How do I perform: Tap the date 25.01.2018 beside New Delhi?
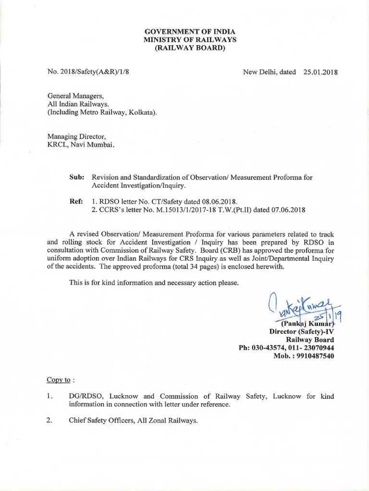point(320,72)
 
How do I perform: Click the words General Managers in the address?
point(72,96)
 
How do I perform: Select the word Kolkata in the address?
point(142,112)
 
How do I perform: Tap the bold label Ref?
point(76,201)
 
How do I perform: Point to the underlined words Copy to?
point(58,380)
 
